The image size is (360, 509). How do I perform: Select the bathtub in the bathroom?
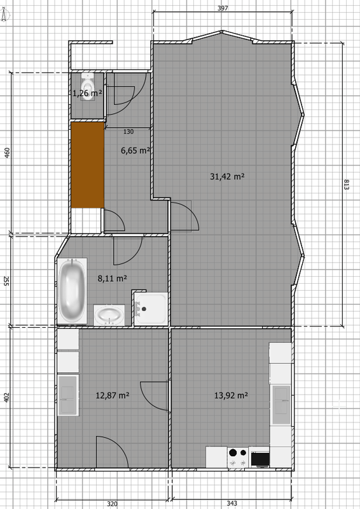click(x=72, y=291)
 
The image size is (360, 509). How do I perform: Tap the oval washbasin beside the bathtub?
click(x=109, y=315)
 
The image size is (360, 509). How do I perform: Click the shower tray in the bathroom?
click(x=151, y=309)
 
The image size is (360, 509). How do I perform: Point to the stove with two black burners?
click(x=238, y=457)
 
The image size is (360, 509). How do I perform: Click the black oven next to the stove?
click(x=260, y=457)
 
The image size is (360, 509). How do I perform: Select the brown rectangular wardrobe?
click(x=87, y=165)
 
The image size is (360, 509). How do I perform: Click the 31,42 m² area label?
click(x=227, y=176)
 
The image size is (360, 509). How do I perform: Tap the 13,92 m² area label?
click(x=231, y=395)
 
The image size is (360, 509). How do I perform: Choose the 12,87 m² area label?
click(x=113, y=395)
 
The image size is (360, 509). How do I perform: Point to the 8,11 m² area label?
click(x=112, y=278)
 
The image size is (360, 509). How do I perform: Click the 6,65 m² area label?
click(x=135, y=150)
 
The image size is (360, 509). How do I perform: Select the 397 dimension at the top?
click(x=223, y=8)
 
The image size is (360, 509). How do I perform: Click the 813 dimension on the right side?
click(x=346, y=185)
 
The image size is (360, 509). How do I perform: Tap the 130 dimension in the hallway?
click(x=128, y=132)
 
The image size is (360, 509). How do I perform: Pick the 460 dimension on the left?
click(x=7, y=153)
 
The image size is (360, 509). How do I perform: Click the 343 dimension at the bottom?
click(x=232, y=503)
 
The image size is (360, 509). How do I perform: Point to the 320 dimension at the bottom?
click(x=112, y=504)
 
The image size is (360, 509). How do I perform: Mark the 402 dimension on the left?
click(x=7, y=398)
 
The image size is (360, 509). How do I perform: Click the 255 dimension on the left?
click(x=6, y=281)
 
